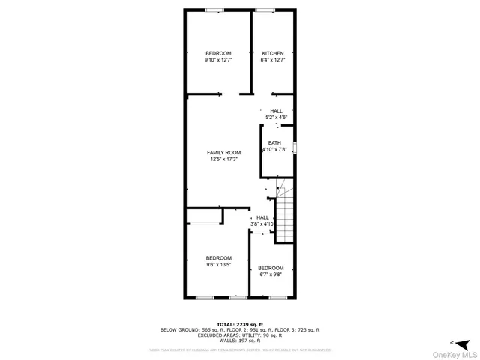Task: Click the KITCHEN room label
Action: (x=272, y=53)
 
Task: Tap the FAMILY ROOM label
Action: (x=223, y=152)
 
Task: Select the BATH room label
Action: (x=275, y=143)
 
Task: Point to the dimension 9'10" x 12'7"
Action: (x=218, y=60)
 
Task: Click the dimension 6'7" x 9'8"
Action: (x=271, y=274)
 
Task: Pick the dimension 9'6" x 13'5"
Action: (x=218, y=264)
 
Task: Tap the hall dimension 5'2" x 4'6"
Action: (x=277, y=117)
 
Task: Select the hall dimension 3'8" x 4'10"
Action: (x=262, y=223)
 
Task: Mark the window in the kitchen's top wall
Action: (x=265, y=10)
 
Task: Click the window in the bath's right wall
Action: (x=295, y=148)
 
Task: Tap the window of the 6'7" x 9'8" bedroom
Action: (x=279, y=298)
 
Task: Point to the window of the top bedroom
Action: (x=214, y=10)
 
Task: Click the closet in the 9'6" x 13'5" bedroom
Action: (x=204, y=217)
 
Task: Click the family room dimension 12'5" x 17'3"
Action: (x=223, y=159)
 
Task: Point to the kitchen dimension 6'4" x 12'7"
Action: (x=272, y=60)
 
